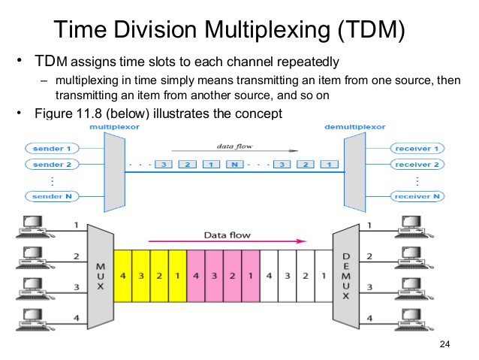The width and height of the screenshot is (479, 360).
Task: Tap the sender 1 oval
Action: coord(52,149)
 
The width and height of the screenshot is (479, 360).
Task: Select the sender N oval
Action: coord(52,196)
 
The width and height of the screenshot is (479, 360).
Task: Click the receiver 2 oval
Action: coord(417,165)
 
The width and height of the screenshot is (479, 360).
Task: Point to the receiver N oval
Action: coord(417,196)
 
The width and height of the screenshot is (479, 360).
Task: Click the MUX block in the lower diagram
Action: coord(101,275)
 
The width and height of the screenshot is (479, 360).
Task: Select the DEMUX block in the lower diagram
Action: coord(346,275)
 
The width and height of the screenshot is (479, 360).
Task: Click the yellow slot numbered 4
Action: coord(122,277)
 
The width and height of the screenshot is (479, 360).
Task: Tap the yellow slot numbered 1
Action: coord(176,277)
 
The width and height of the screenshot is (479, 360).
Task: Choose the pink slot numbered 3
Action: coord(213,277)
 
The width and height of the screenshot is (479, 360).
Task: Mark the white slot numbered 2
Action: coord(305,277)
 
